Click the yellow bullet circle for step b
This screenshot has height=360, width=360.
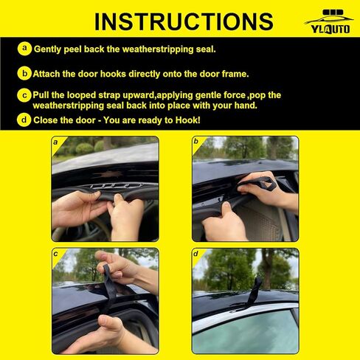click(x=25, y=73)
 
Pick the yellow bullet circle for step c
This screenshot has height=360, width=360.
click(x=25, y=95)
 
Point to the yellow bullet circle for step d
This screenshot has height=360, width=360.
click(x=25, y=119)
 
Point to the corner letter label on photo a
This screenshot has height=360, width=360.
click(x=55, y=141)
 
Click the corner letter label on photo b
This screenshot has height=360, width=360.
click(x=196, y=141)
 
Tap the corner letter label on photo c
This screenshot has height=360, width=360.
click(x=55, y=253)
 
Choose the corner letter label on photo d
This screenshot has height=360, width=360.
click(x=196, y=253)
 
